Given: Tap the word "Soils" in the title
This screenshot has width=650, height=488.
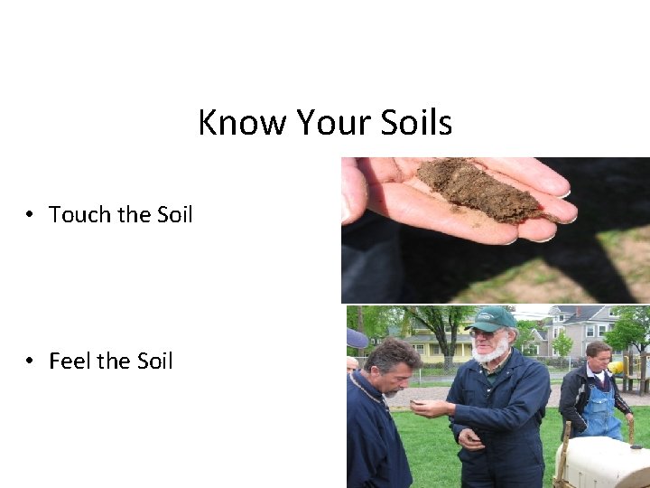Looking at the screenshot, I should [x=416, y=122].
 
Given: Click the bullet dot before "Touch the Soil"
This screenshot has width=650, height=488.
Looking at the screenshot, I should [x=31, y=215].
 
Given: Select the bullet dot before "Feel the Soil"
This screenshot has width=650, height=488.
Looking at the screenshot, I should [x=31, y=361].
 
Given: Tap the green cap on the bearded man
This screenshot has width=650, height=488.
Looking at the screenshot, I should [x=492, y=318].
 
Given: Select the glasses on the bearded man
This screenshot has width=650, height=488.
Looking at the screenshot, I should [x=486, y=333].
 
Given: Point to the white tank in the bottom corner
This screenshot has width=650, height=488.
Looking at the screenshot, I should [x=603, y=461].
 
